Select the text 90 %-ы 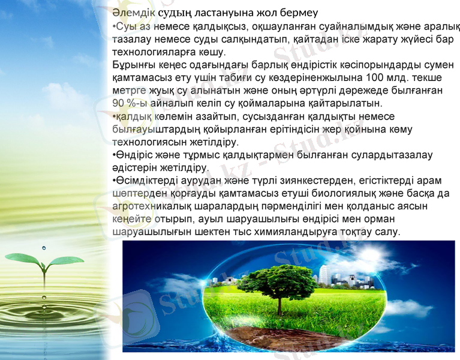point(128,103)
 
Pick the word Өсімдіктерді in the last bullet point(144,181)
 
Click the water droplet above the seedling point(44,247)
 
